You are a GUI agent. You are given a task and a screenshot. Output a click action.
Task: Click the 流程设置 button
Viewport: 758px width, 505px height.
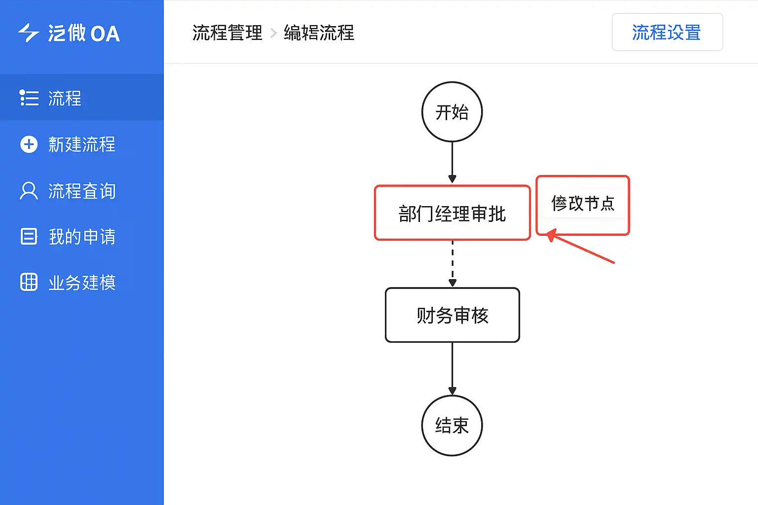[667, 33]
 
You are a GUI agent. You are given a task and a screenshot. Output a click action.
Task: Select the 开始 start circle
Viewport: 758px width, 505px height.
[452, 112]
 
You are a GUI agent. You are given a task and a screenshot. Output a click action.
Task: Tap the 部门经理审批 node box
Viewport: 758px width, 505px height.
[452, 213]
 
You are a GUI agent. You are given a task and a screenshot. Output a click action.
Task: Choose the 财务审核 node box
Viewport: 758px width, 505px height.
[452, 315]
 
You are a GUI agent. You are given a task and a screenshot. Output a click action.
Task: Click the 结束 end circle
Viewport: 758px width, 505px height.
[452, 425]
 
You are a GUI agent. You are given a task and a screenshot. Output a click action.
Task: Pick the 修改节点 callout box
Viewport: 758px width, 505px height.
[582, 205]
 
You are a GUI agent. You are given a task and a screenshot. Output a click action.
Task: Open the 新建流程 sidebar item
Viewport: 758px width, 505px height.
[81, 144]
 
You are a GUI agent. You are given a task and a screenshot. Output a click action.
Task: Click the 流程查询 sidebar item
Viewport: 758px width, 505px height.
[81, 191]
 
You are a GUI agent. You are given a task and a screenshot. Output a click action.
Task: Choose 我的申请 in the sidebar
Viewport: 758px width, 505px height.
[81, 237]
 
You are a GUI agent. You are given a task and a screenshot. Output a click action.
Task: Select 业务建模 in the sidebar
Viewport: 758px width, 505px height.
[81, 283]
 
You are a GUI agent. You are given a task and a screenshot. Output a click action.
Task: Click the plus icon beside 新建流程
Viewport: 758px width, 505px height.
[29, 144]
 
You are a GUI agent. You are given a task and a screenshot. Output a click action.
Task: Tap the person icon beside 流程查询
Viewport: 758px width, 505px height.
[29, 191]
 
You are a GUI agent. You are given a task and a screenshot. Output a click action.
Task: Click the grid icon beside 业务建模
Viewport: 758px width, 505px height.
[29, 282]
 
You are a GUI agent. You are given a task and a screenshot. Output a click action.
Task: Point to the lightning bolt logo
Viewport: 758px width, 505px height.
[29, 33]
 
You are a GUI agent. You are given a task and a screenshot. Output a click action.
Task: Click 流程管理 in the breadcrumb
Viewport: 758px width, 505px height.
[227, 33]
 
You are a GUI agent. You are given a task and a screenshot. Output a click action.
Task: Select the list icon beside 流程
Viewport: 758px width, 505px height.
[29, 98]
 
